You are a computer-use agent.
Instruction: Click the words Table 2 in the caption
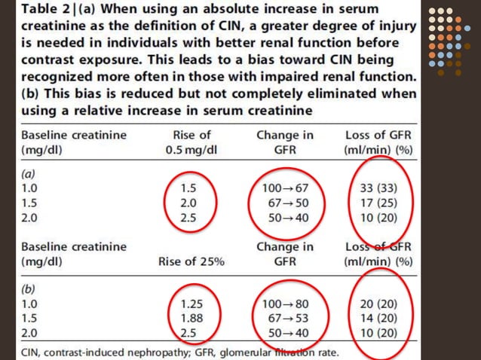(x=45, y=11)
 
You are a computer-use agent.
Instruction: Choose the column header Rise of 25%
(x=191, y=262)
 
